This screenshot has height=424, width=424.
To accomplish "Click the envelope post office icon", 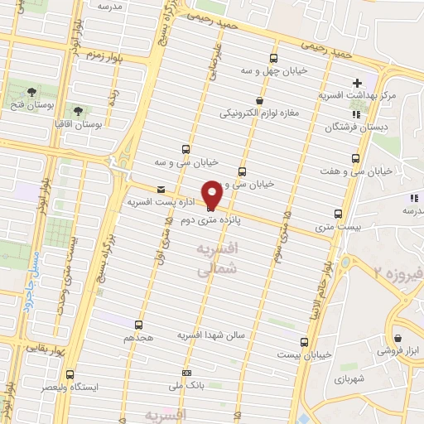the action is point(161,189).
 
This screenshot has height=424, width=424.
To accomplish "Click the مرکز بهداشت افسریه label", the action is point(358,96).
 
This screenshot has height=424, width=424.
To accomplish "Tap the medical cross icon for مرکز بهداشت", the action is point(357,83).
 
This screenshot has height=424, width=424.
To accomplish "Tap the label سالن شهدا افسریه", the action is point(212,335).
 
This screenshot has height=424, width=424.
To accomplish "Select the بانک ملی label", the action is point(187,386).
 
